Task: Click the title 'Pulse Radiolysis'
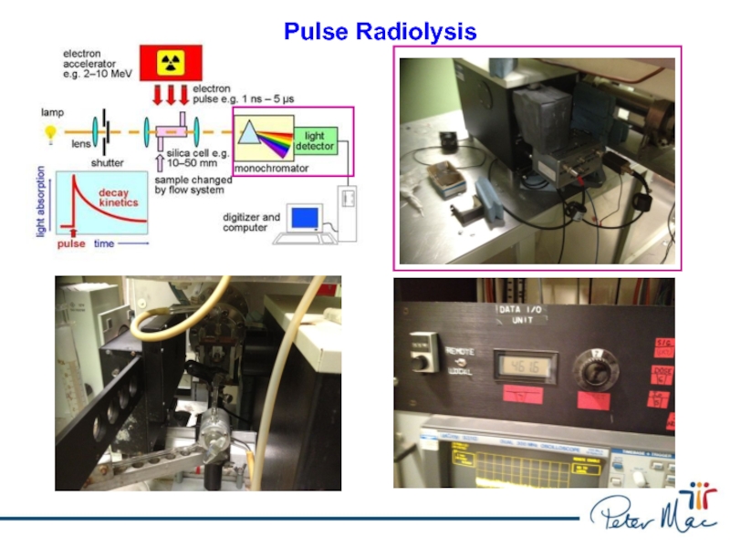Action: click(380, 32)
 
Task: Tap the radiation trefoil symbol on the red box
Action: click(170, 62)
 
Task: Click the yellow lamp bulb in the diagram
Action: click(49, 132)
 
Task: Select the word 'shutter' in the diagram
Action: click(108, 162)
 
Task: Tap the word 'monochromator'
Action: click(272, 169)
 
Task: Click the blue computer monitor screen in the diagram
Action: click(305, 218)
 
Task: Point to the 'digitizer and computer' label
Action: click(252, 222)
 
